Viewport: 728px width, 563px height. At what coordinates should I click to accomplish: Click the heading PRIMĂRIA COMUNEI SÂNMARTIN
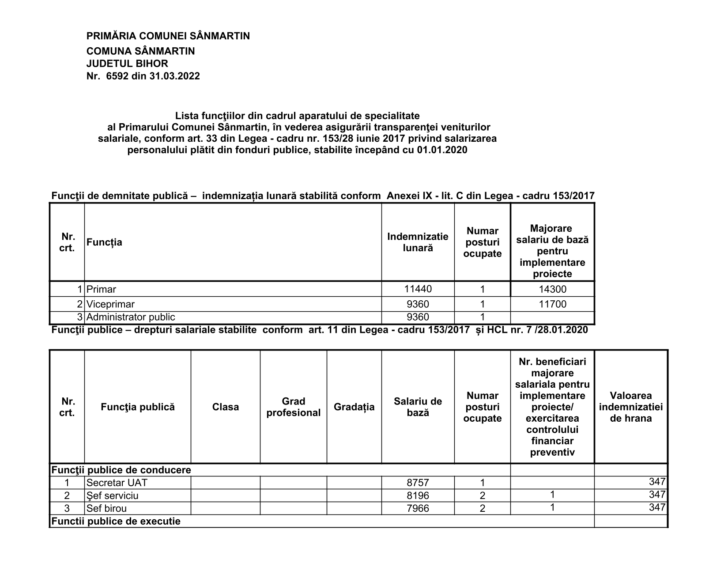click(168, 36)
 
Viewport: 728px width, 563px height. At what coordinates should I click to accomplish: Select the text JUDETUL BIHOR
click(127, 64)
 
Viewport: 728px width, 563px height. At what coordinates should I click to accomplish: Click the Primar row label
click(101, 290)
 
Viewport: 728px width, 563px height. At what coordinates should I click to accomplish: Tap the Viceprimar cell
click(110, 304)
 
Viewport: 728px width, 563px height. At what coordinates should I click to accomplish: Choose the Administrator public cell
click(131, 317)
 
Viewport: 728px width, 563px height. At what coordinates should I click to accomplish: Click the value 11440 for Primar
click(418, 289)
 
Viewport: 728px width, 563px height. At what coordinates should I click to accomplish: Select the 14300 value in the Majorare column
click(552, 290)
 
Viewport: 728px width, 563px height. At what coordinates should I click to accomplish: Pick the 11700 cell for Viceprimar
click(552, 304)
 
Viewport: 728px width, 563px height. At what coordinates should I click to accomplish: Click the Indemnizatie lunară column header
click(418, 242)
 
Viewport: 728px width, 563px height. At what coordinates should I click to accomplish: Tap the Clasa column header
click(225, 407)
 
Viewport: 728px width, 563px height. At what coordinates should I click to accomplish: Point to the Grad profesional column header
click(293, 407)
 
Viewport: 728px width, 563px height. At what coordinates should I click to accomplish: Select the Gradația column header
click(354, 407)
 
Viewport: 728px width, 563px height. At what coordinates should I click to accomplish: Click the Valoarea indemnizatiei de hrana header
click(630, 407)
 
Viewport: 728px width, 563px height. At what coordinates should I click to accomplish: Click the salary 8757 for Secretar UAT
click(418, 483)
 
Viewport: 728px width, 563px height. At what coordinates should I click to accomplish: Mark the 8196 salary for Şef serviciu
click(418, 496)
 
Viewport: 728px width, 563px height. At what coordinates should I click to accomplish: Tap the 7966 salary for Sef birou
click(418, 509)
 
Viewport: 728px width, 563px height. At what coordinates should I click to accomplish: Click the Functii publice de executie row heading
click(116, 521)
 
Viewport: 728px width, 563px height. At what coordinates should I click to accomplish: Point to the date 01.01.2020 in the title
click(441, 150)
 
